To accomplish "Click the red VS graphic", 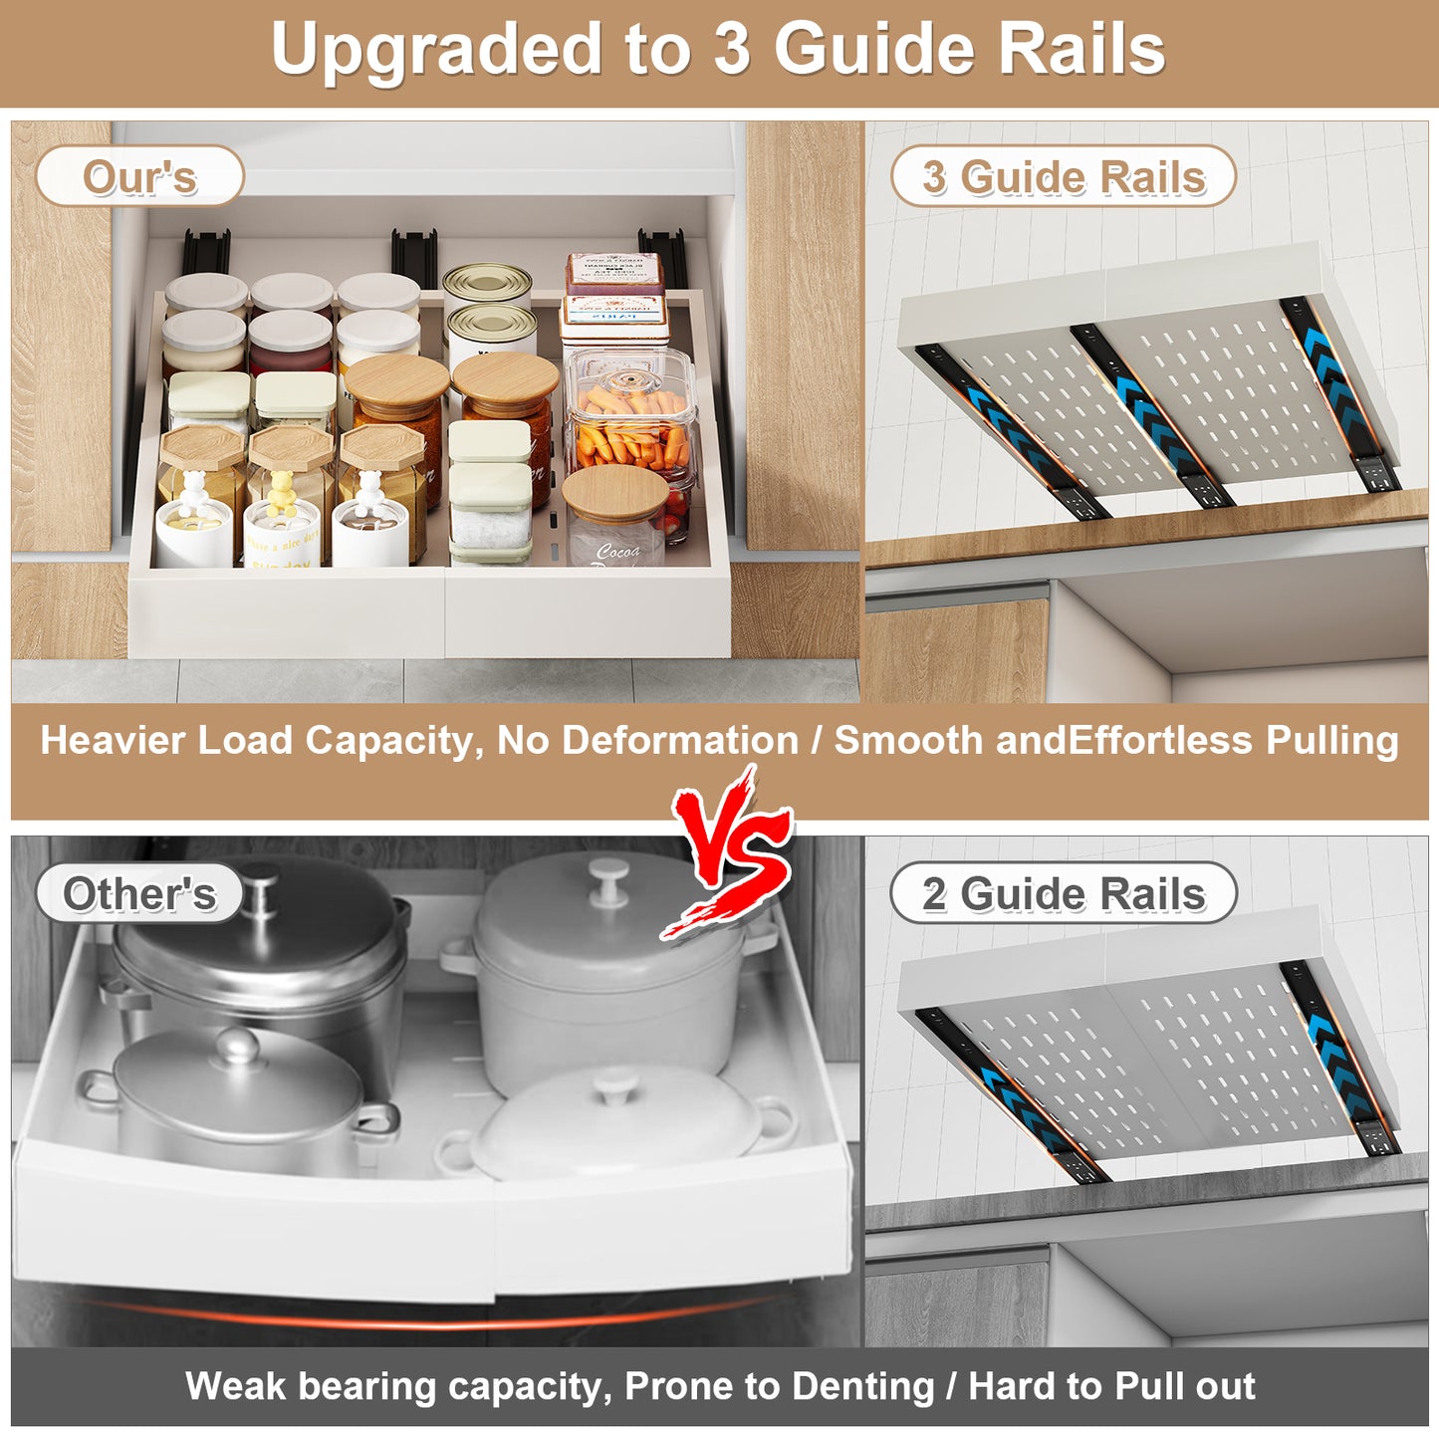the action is click(x=728, y=851).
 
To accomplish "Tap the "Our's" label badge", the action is click(x=139, y=176).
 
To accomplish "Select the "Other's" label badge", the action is click(x=139, y=894).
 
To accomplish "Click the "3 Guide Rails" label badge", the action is click(x=1064, y=176).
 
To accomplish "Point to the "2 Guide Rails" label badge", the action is click(x=1064, y=893).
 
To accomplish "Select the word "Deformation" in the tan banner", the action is click(x=679, y=740).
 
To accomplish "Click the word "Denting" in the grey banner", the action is click(x=863, y=1387).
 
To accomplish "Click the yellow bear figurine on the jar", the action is click(x=282, y=493).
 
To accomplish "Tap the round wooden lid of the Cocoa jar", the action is click(x=615, y=494).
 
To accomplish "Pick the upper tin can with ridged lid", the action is click(x=488, y=286).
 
